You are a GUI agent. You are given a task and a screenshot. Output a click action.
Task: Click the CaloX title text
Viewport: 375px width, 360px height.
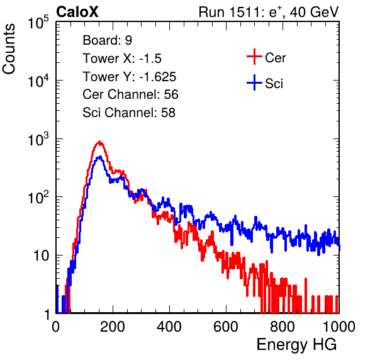pyautogui.click(x=77, y=12)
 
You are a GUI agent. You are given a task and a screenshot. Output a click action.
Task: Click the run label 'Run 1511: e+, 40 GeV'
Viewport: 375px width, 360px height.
pyautogui.click(x=269, y=12)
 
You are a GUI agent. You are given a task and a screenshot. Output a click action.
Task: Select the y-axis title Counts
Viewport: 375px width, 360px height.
pyautogui.click(x=9, y=48)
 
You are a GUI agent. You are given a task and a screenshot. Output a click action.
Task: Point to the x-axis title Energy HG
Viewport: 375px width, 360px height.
pyautogui.click(x=296, y=345)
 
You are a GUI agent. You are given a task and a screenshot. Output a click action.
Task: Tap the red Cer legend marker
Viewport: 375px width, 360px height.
pyautogui.click(x=254, y=57)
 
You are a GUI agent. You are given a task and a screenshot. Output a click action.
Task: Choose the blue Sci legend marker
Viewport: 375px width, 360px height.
pyautogui.click(x=254, y=82)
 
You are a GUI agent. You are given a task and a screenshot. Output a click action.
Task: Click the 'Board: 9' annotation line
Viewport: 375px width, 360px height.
pyautogui.click(x=107, y=40)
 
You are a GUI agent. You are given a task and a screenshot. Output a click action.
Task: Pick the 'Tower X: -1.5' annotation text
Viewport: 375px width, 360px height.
pyautogui.click(x=122, y=59)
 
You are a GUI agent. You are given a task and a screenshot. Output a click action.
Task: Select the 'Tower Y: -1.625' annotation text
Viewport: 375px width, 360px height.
pyautogui.click(x=130, y=77)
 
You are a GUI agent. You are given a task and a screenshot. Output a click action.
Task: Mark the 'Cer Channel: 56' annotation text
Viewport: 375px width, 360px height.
pyautogui.click(x=130, y=94)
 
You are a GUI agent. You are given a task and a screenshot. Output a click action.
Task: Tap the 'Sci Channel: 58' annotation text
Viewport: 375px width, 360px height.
pyautogui.click(x=129, y=113)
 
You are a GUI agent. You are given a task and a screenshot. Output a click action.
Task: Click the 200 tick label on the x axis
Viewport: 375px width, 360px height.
pyautogui.click(x=113, y=326)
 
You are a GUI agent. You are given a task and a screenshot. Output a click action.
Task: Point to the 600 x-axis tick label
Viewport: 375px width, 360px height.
pyautogui.click(x=226, y=326)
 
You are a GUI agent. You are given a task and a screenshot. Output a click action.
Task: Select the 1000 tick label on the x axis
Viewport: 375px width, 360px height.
pyautogui.click(x=339, y=326)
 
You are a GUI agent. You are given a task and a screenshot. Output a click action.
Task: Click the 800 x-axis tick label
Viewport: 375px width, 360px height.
pyautogui.click(x=283, y=326)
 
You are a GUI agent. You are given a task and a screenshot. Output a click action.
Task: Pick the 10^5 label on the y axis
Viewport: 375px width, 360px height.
pyautogui.click(x=38, y=22)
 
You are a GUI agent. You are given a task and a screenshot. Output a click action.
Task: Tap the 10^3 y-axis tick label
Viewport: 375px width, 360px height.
pyautogui.click(x=38, y=139)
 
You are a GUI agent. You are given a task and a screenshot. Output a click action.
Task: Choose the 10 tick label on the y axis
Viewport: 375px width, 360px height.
pyautogui.click(x=41, y=256)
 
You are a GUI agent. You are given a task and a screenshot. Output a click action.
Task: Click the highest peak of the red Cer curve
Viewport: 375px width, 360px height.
pyautogui.click(x=99, y=142)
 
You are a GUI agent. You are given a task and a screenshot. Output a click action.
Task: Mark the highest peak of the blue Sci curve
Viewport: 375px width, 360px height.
pyautogui.click(x=100, y=157)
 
